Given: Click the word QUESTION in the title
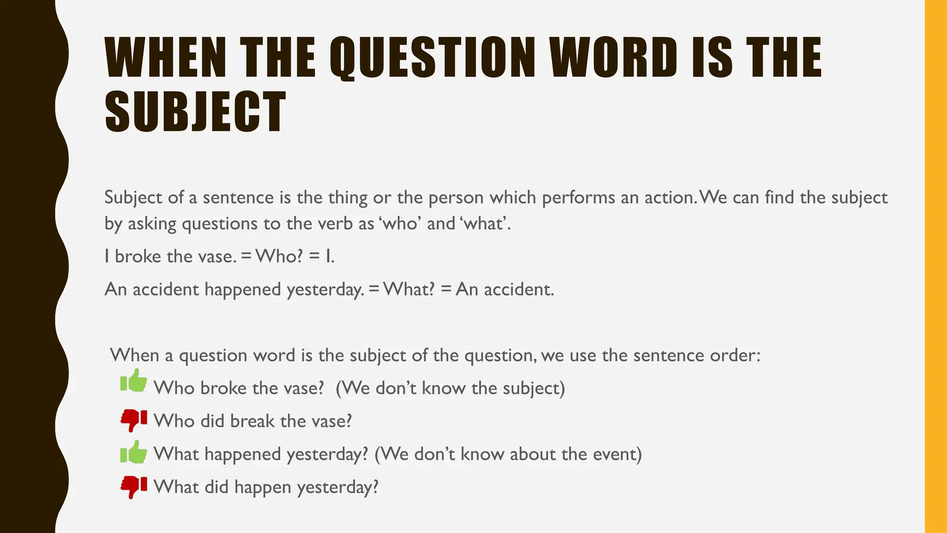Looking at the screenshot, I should pyautogui.click(x=432, y=58).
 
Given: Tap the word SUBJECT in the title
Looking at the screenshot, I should pyautogui.click(x=195, y=112).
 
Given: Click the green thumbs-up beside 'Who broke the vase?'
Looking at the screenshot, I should pyautogui.click(x=134, y=381).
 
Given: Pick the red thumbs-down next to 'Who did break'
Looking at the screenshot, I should pyautogui.click(x=134, y=420).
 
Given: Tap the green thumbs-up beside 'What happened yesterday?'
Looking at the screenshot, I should pyautogui.click(x=134, y=452).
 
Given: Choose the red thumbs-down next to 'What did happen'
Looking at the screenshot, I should pyautogui.click(x=134, y=487).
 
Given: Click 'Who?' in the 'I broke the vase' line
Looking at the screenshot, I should pyautogui.click(x=279, y=256).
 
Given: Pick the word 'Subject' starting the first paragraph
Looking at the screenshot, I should pyautogui.click(x=133, y=198).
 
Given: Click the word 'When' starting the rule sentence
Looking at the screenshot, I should pyautogui.click(x=134, y=355).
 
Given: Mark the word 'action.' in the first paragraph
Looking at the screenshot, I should pyautogui.click(x=670, y=198).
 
